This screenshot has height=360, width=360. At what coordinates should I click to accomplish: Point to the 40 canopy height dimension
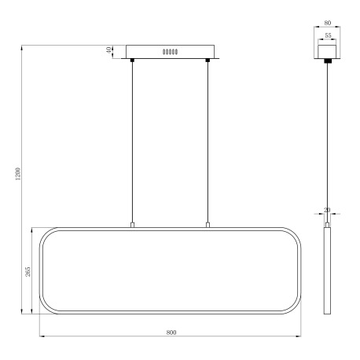pyautogui.click(x=110, y=50)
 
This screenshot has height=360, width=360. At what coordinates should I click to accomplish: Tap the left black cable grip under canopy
pyautogui.click(x=132, y=60)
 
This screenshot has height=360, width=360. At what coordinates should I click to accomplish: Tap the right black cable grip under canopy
pyautogui.click(x=208, y=60)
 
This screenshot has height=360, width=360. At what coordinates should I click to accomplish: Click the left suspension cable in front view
pyautogui.click(x=132, y=141)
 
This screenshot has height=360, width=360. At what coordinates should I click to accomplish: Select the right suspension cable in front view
pyautogui.click(x=208, y=141)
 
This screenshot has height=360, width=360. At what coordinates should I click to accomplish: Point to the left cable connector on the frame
pyautogui.click(x=132, y=226)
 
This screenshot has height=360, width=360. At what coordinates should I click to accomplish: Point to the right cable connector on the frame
pyautogui.click(x=208, y=226)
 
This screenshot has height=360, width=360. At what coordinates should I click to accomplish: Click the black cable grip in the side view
pyautogui.click(x=325, y=60)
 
